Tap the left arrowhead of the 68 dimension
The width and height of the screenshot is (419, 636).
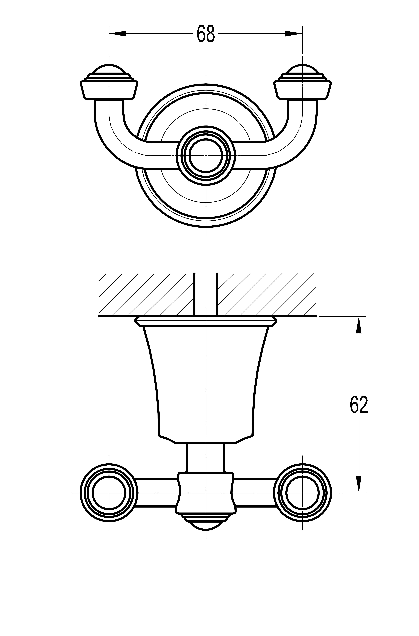click(118, 34)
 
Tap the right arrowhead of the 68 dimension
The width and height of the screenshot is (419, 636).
click(294, 34)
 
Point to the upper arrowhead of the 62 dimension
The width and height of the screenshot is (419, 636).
click(359, 325)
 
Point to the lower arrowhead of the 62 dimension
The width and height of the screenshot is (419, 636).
click(359, 484)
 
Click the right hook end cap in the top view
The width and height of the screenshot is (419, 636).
click(302, 86)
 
